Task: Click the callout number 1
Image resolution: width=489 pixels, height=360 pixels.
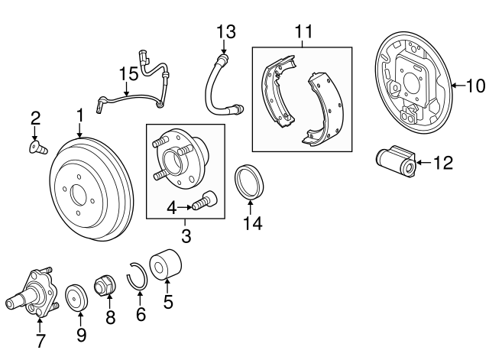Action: click(79, 115)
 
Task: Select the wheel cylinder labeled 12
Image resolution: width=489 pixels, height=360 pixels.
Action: click(397, 161)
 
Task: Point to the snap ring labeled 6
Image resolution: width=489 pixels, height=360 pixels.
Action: click(139, 275)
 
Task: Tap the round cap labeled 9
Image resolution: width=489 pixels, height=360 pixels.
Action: click(76, 297)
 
